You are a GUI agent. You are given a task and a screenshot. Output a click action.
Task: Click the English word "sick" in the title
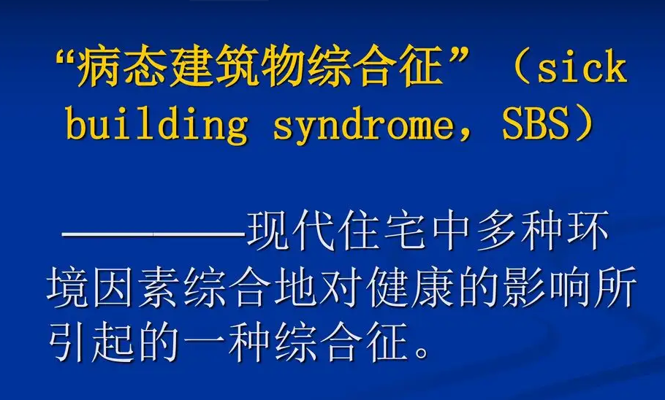582,67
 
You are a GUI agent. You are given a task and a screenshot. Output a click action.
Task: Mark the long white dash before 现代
153,233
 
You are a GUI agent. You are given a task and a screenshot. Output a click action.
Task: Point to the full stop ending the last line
422,352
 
